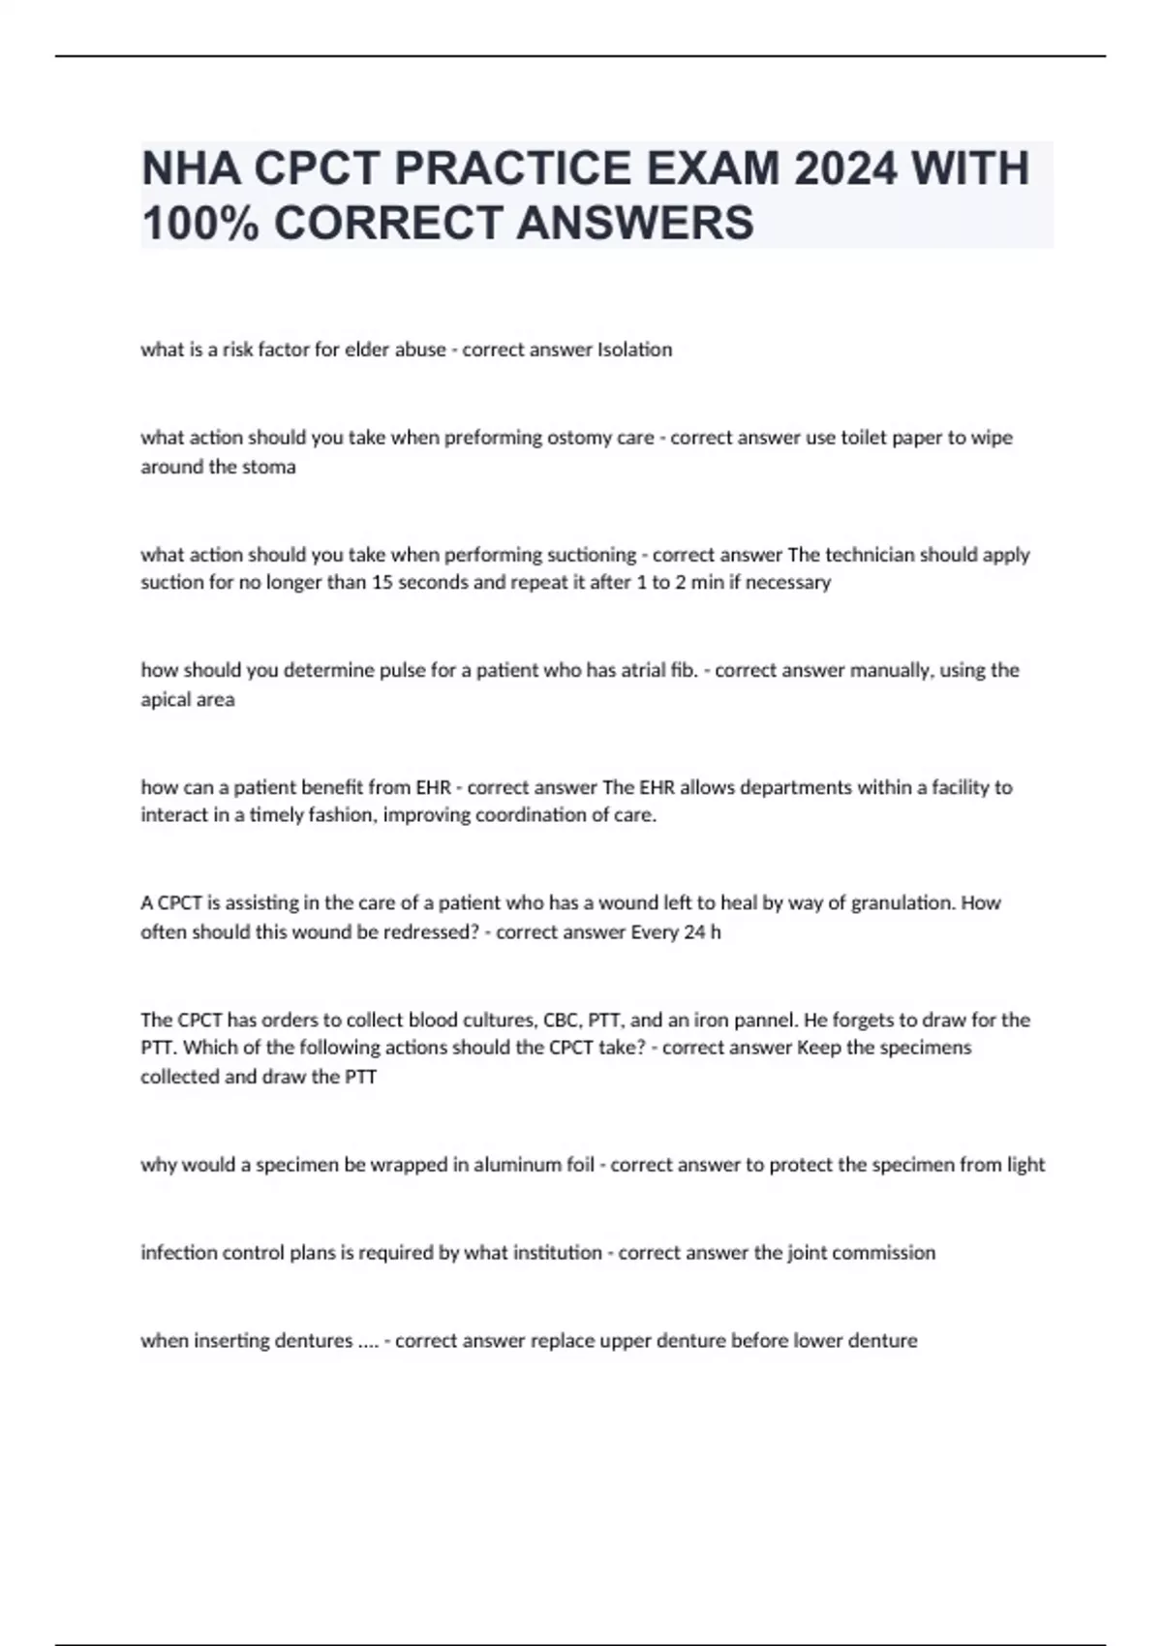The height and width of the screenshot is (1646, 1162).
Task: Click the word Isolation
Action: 635,350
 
